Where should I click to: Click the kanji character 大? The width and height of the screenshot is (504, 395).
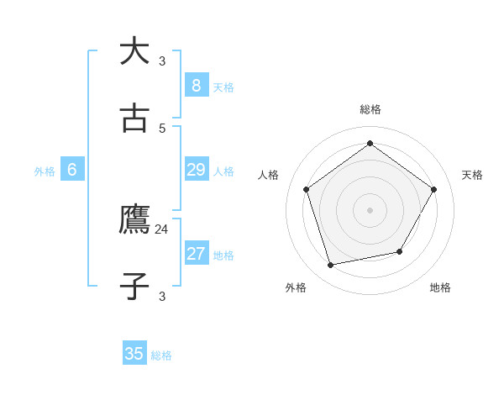[x=134, y=51]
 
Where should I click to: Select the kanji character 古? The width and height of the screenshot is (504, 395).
[x=134, y=118]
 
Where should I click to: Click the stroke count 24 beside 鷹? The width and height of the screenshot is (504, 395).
[x=162, y=229]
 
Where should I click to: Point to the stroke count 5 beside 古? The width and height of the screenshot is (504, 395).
[x=162, y=128]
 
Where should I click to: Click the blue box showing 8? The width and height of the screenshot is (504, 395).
[x=196, y=85]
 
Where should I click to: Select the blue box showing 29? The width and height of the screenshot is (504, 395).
[x=196, y=170]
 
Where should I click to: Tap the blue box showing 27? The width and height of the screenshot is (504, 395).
[x=196, y=254]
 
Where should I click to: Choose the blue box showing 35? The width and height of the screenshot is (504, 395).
[x=134, y=354]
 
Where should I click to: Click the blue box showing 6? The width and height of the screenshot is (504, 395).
[x=72, y=170]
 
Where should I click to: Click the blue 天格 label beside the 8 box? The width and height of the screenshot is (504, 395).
[x=223, y=87]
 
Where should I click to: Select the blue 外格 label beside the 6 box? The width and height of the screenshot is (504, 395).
[x=45, y=171]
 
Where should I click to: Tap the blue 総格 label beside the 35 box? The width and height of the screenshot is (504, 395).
[x=161, y=355]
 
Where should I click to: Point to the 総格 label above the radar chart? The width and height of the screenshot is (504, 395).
[x=370, y=109]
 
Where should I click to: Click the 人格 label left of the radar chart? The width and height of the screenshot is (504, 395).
[x=269, y=175]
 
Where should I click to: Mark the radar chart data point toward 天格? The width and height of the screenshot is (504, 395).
[x=433, y=189]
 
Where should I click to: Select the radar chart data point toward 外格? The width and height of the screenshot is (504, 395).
[x=331, y=265]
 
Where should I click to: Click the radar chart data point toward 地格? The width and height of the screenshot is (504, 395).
[x=400, y=251]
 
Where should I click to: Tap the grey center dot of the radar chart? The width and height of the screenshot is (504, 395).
[x=370, y=210]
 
